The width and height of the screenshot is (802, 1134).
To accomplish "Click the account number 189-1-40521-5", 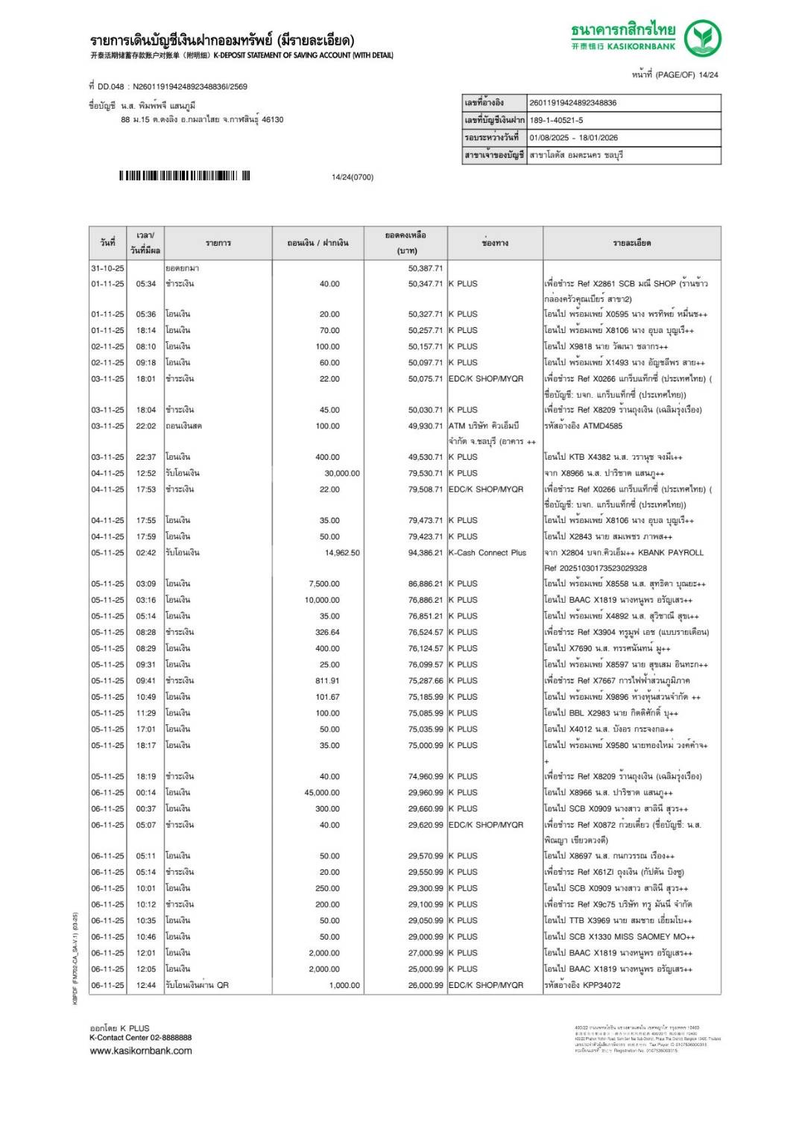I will pos(556,121).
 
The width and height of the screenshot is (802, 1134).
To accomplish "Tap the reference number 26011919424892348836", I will pos(572,103).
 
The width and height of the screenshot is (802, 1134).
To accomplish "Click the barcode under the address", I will pos(184,177).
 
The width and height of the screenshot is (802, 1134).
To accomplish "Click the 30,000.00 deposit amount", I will pos(342,474).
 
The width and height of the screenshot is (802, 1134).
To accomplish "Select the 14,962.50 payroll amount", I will pos(342,554).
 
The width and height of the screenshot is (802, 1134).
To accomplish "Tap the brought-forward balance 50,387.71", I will pos(426,268).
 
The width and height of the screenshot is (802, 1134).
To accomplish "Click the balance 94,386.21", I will pos(426,554).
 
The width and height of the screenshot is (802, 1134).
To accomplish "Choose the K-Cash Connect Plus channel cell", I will pos(487,554).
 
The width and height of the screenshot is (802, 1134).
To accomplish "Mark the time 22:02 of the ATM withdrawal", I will pos(146,426).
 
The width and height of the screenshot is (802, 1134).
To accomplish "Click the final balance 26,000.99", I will pos(426,986).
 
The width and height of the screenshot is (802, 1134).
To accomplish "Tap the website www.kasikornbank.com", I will pos(141,1051).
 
